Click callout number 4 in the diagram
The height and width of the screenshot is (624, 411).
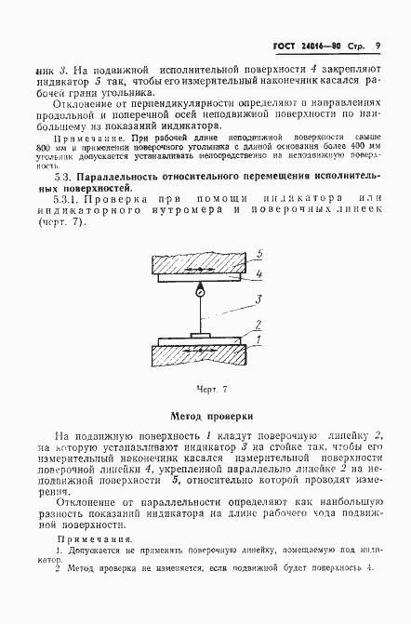[260, 273]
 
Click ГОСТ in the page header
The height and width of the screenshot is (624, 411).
[285, 45]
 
